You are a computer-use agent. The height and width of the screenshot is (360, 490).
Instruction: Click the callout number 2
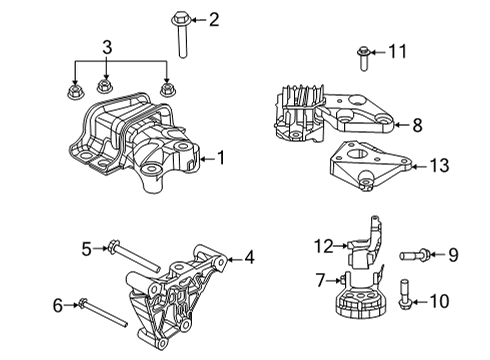coord(213,19)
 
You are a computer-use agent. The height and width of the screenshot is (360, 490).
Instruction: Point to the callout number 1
coord(222,157)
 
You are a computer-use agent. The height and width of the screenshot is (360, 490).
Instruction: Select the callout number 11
coord(397,49)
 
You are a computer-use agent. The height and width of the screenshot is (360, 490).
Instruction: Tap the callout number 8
coord(417,125)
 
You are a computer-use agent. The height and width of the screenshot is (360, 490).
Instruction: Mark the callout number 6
coord(57,305)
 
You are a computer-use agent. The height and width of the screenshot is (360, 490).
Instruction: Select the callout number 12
coord(323,244)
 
